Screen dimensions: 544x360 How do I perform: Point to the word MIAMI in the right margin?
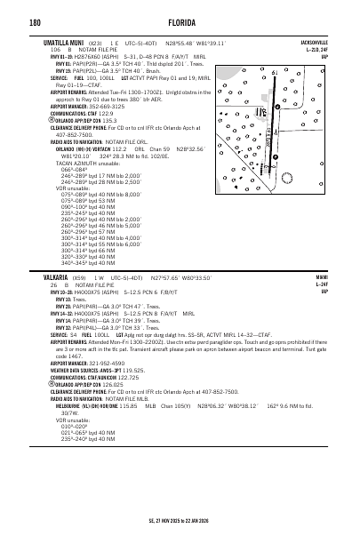pos(322,276)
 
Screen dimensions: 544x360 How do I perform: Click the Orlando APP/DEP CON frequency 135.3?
pos(108,120)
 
